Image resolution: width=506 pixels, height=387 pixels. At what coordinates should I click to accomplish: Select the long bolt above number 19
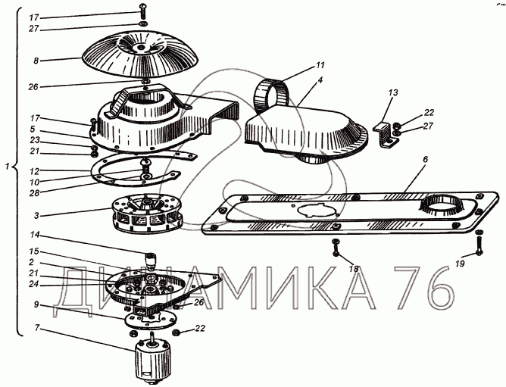[479, 242]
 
